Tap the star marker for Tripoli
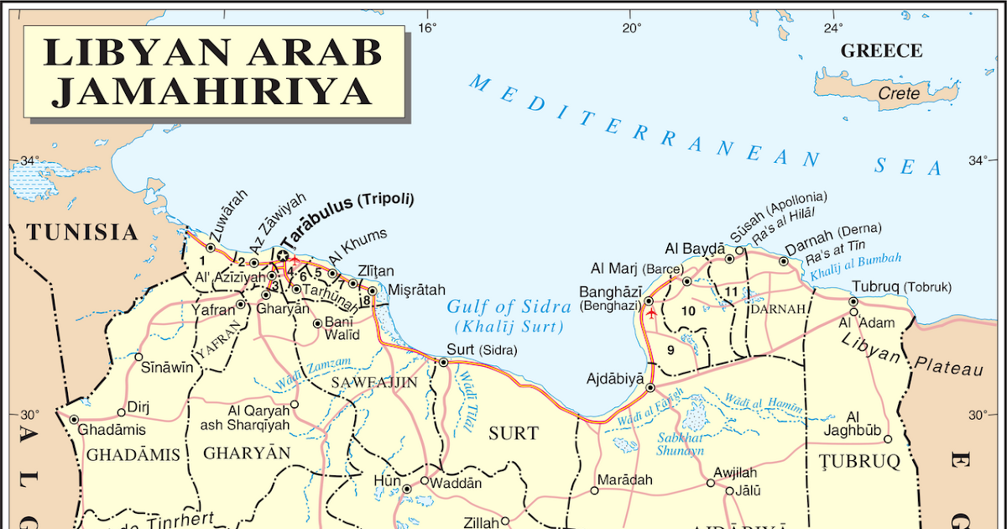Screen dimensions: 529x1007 pyautogui.click(x=283, y=255)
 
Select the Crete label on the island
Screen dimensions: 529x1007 pyautogui.click(x=899, y=93)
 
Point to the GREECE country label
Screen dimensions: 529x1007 pyautogui.click(x=881, y=51)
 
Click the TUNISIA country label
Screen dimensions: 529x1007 pyautogui.click(x=81, y=233)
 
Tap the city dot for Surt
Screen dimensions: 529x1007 pyautogui.click(x=443, y=363)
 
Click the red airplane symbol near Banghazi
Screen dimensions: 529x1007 pyautogui.click(x=652, y=312)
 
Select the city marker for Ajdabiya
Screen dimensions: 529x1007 pyautogui.click(x=650, y=388)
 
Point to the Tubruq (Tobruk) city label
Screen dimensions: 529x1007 pyautogui.click(x=902, y=286)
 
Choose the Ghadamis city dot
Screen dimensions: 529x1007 pyautogui.click(x=74, y=420)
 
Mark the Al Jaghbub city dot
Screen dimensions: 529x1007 pyautogui.click(x=887, y=439)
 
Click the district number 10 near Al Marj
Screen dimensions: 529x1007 pyautogui.click(x=688, y=311)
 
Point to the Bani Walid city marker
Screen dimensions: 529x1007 pyautogui.click(x=317, y=323)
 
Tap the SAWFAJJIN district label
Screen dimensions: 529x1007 pyautogui.click(x=373, y=383)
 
